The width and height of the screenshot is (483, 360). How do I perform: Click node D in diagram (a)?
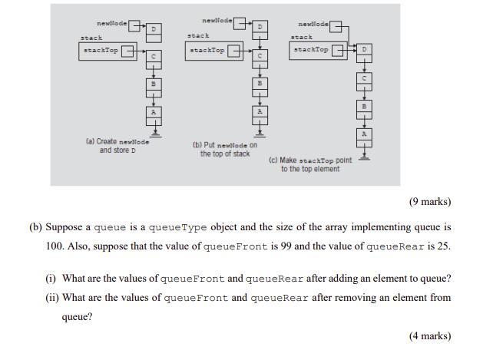[154, 28]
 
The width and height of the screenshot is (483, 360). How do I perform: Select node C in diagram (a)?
[154, 56]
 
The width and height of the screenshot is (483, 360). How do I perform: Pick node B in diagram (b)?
[260, 83]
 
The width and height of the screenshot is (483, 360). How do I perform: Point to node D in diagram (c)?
[365, 50]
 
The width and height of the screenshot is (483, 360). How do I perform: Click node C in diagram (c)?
[365, 78]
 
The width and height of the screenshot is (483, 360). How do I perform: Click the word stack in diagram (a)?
[91, 38]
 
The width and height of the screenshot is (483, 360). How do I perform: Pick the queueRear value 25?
[442, 247]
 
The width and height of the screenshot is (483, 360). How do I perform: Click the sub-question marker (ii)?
[52, 298]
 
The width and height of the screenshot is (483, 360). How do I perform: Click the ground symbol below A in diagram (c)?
[365, 157]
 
